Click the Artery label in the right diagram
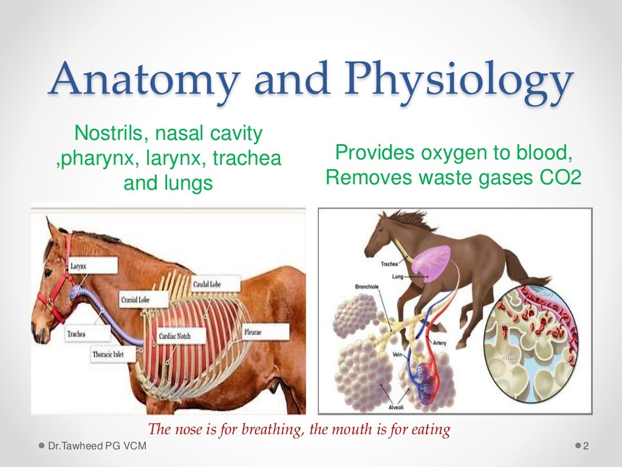point(439,343)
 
